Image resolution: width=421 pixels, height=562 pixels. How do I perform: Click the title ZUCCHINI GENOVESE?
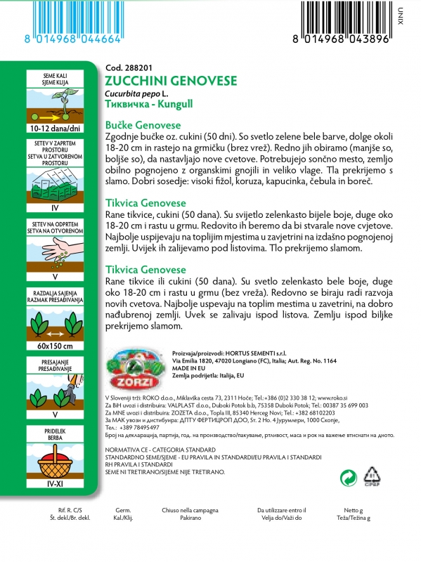point(160,79)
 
